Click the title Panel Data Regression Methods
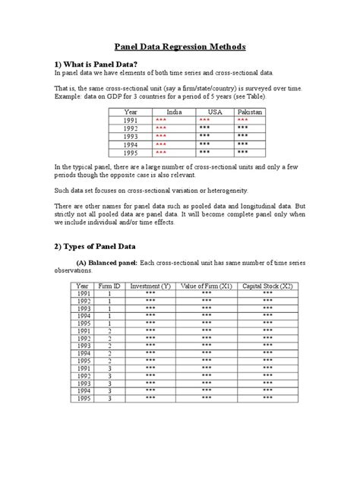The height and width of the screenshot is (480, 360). point(179,46)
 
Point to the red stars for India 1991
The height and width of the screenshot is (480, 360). point(161,121)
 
